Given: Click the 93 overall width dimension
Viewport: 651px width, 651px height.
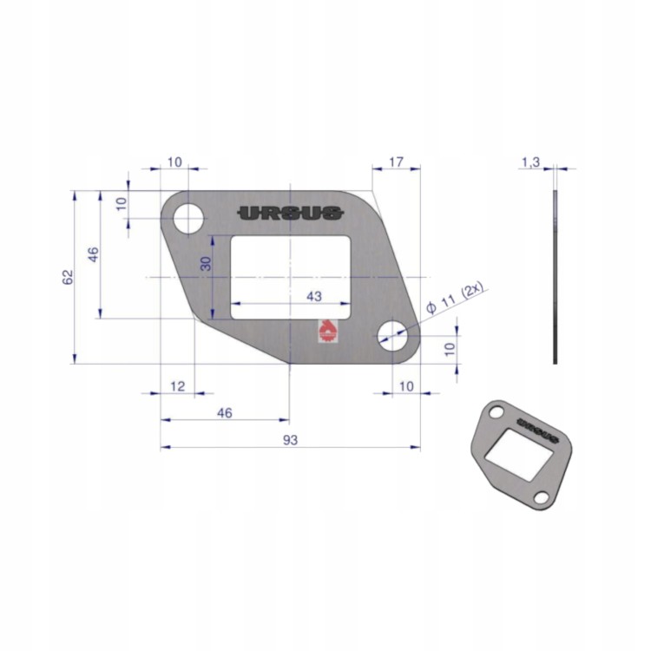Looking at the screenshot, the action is [x=290, y=440].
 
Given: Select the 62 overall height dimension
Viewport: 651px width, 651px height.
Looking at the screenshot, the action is [x=68, y=277].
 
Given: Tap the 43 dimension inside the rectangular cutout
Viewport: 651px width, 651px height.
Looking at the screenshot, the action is [x=314, y=297].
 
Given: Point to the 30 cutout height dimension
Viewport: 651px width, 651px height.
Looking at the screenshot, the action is [x=206, y=264].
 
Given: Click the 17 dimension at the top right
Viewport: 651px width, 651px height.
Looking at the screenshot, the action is [x=396, y=161].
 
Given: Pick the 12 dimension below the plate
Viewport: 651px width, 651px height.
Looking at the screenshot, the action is [x=178, y=386].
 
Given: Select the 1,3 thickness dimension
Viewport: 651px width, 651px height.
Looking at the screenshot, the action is [x=530, y=162].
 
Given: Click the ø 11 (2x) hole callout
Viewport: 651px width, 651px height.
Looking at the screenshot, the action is [x=454, y=299].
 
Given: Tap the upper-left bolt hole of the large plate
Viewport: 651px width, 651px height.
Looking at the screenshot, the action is [x=188, y=219].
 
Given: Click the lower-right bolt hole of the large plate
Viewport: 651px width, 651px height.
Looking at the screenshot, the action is [x=392, y=336].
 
